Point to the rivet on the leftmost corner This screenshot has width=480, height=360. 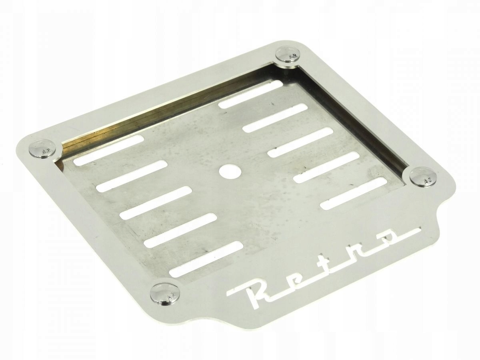point(45,149)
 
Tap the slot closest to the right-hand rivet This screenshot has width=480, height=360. point(354,193)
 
